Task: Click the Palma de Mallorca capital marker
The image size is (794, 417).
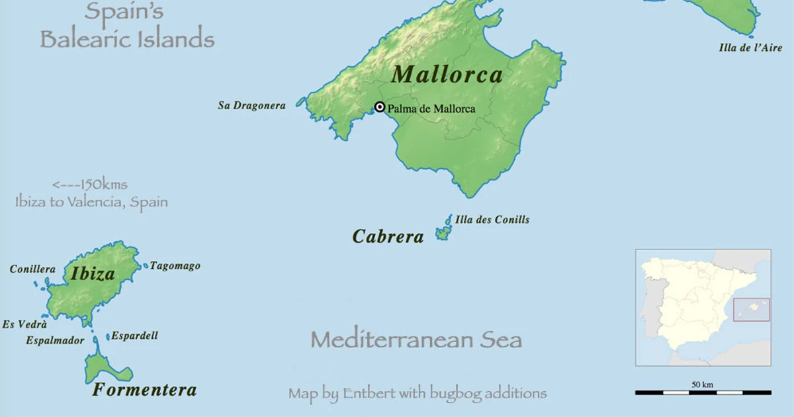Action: tap(380, 107)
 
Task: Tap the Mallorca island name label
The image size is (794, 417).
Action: tap(447, 74)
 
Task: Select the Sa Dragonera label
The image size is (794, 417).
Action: tap(251, 105)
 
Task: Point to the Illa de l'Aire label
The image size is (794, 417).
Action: tap(750, 48)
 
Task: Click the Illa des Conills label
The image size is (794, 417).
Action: tap(492, 220)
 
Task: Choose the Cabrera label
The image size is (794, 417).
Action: tap(388, 236)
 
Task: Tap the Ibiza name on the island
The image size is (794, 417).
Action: tap(93, 273)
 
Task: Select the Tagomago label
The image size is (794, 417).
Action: tap(175, 266)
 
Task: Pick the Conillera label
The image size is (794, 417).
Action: tap(32, 269)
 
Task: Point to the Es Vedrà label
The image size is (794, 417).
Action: tap(24, 324)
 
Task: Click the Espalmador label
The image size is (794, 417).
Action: tap(55, 340)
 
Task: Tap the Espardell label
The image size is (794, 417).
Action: tap(134, 336)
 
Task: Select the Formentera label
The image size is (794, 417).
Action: tap(144, 390)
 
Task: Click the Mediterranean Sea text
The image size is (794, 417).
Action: tap(416, 340)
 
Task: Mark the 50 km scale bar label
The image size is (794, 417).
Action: tap(702, 385)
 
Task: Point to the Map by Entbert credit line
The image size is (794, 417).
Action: tap(417, 393)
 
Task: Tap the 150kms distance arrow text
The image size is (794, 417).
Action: tap(89, 185)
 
